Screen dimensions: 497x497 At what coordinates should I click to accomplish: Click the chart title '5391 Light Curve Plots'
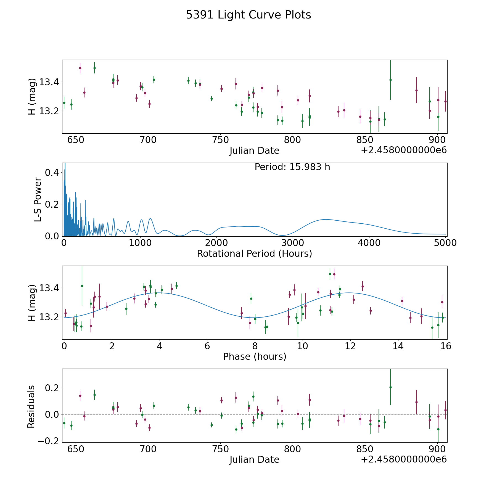tap(248, 15)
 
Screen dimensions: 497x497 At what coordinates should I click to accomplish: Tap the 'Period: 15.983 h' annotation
tap(292, 167)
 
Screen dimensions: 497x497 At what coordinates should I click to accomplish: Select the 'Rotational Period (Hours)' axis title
tap(254, 253)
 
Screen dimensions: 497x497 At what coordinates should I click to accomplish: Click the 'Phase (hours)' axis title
tap(254, 356)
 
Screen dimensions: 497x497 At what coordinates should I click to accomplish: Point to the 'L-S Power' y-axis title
tap(38, 199)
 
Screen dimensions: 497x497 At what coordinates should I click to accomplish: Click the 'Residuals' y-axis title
tap(31, 406)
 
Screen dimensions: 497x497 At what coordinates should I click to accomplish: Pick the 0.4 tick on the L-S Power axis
tap(52, 173)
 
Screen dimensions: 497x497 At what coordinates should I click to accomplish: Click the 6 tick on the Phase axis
tap(207, 346)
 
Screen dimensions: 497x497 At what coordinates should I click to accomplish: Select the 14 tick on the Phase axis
tap(398, 346)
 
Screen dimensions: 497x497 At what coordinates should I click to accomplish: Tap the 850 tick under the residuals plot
tap(365, 449)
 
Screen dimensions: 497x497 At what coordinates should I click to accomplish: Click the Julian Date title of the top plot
tap(254, 151)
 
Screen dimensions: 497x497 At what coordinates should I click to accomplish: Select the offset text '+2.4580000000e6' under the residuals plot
tap(404, 459)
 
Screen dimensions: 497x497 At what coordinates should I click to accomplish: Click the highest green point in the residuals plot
tap(390, 387)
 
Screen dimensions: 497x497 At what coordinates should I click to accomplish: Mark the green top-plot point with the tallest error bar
tap(390, 80)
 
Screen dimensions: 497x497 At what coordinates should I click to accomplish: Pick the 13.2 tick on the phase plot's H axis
tap(48, 317)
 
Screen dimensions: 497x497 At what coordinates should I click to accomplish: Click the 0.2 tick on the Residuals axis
tap(52, 388)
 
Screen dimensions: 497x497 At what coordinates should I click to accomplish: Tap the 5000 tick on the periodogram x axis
tap(445, 243)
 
